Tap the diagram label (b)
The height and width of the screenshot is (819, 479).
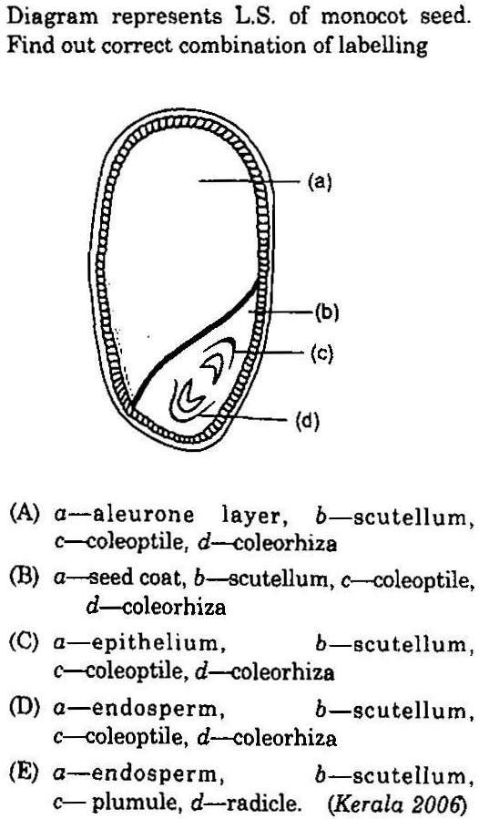327,312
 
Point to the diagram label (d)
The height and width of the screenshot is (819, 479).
307,421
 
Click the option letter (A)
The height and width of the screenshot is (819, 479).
25,515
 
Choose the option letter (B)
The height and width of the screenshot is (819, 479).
25,578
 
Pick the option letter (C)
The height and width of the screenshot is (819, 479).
25,642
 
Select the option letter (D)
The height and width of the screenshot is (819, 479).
25,709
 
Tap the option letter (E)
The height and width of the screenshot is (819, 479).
25,773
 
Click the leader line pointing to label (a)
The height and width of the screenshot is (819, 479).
250,181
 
